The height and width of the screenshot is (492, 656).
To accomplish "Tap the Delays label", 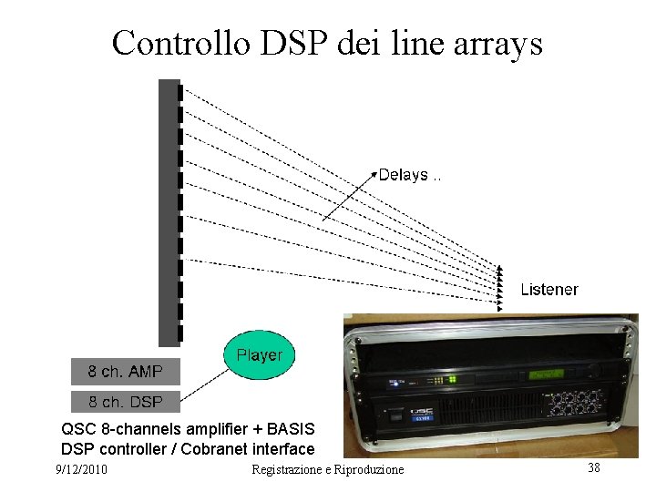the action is (x=404, y=175).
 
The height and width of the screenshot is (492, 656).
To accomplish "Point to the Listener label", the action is (x=548, y=290).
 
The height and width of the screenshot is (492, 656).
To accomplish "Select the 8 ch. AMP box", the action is (x=126, y=372).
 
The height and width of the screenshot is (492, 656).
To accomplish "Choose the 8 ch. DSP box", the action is (x=126, y=402).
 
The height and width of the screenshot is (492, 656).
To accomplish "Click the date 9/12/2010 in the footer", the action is (x=81, y=469).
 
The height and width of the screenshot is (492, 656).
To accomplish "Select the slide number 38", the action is (x=593, y=467).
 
